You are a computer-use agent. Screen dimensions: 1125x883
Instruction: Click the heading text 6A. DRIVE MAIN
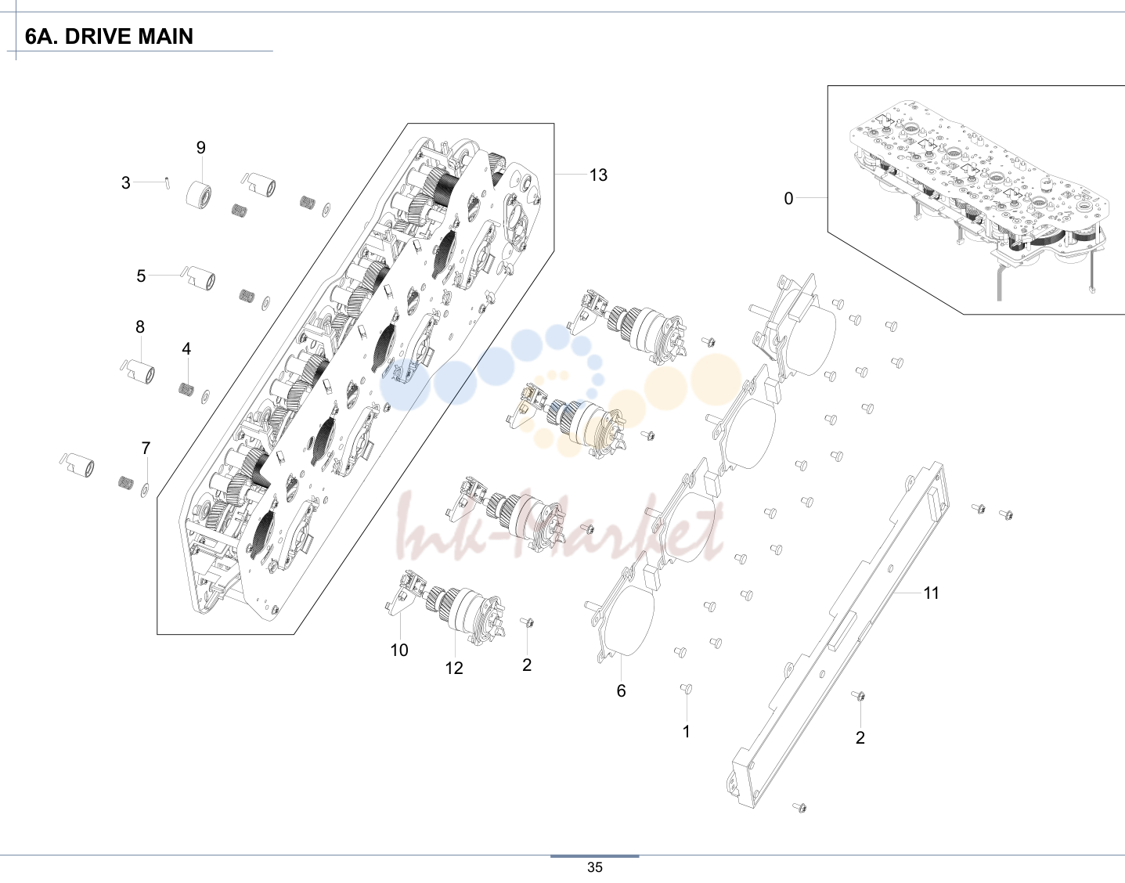tap(109, 37)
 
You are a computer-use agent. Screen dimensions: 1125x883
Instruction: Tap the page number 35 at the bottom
tap(595, 867)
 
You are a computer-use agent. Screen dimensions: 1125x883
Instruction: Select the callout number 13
tap(598, 175)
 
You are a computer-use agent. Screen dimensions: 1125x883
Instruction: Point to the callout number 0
tap(788, 199)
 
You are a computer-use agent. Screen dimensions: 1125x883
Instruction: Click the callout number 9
tap(201, 147)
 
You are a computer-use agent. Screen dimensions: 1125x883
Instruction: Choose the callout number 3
tap(126, 182)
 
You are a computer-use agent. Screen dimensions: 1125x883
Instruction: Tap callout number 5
tap(141, 276)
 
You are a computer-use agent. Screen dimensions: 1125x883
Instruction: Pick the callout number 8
tap(140, 326)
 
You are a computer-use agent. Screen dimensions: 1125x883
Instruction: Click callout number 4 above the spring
tap(186, 349)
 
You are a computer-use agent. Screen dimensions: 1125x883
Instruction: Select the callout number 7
tap(146, 448)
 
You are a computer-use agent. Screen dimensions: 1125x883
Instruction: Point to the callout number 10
tap(399, 650)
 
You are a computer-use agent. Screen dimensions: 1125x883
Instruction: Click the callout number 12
tap(454, 669)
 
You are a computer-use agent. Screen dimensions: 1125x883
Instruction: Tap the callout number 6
tap(622, 690)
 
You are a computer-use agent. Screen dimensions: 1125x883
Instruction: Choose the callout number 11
tap(932, 593)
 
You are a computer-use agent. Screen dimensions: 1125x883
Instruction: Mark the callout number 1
tap(687, 732)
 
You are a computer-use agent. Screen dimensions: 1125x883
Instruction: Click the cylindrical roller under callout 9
tap(198, 195)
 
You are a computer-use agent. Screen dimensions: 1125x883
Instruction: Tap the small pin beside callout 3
tap(167, 183)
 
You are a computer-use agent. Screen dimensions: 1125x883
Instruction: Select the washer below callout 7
tap(145, 489)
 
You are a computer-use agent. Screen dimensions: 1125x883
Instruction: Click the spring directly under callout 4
tap(186, 389)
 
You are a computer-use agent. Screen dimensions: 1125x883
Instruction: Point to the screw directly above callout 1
tap(686, 688)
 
